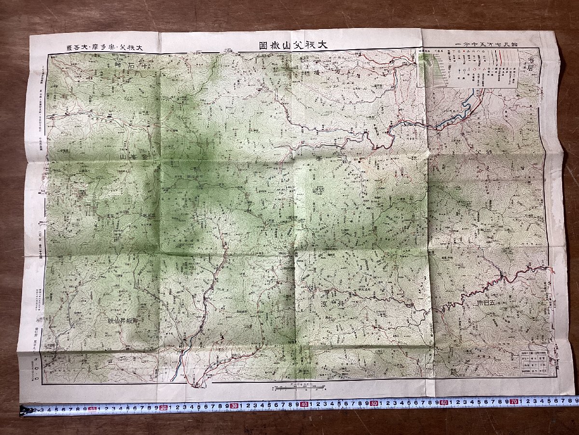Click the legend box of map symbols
(467, 69)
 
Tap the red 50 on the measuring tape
(374, 403)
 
